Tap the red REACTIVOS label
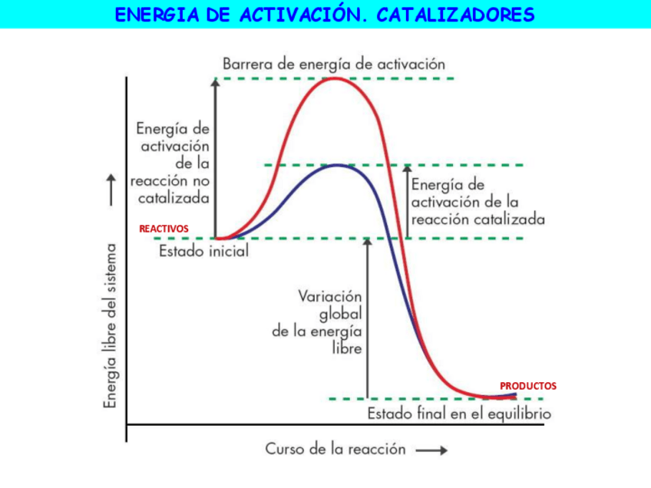[x=164, y=229]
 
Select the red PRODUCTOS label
[x=528, y=386]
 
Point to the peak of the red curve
[x=335, y=78]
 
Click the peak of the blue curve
[x=336, y=165]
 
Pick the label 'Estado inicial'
[x=203, y=251]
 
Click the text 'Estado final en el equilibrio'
[x=459, y=414]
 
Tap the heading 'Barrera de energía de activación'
[x=334, y=64]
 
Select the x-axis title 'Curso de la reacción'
[x=335, y=449]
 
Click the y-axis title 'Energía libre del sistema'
[x=112, y=326]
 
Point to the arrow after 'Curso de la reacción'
[x=432, y=450]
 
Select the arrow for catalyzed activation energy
[x=407, y=201]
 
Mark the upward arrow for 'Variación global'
[x=367, y=318]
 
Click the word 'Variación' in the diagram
[x=330, y=296]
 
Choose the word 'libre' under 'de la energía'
[x=345, y=348]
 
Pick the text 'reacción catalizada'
[x=478, y=219]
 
